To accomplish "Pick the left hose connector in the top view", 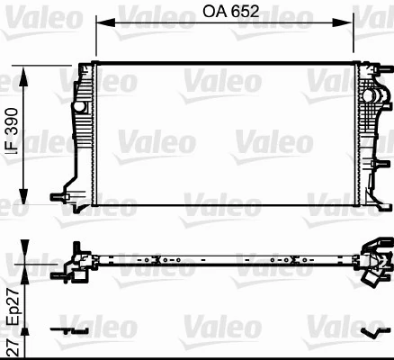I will (x=76, y=262).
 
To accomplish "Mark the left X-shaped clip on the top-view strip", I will (x=157, y=261).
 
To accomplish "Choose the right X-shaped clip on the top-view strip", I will (x=289, y=261).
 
